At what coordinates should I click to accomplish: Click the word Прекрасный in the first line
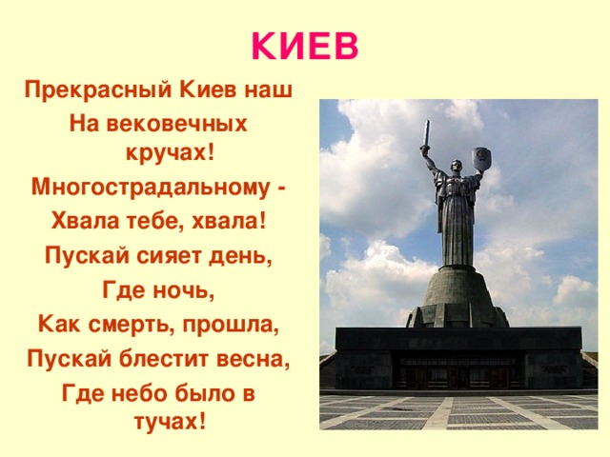(91, 91)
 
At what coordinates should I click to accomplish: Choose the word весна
(253, 361)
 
